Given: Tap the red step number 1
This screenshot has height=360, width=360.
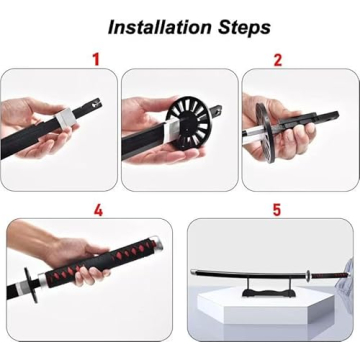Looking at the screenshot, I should [96, 59].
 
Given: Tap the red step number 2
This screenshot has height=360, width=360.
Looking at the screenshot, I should [277, 59].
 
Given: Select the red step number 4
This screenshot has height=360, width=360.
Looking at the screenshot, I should [97, 210].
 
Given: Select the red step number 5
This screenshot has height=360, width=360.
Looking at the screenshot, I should [277, 210].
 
